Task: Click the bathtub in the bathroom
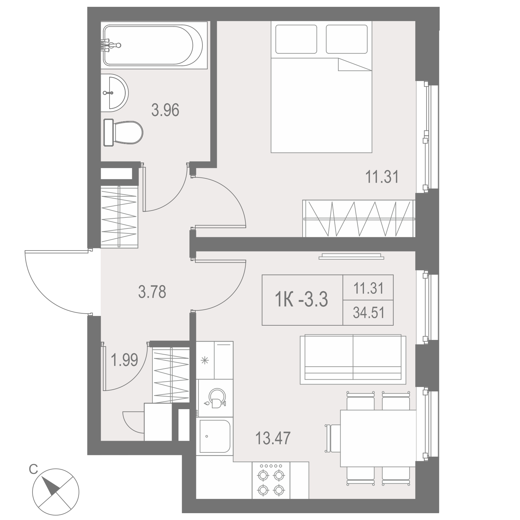tap(154, 45)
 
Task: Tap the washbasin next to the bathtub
tap(114, 93)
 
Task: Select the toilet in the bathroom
tap(123, 133)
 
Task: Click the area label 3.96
tap(165, 110)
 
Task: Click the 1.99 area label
tap(124, 360)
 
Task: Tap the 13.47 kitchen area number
tap(273, 438)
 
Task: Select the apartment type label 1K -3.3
tap(302, 299)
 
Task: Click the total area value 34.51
tap(369, 313)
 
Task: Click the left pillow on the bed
tap(296, 39)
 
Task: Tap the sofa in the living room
tap(353, 359)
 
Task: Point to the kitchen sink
tap(215, 436)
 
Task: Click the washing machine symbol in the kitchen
tap(215, 398)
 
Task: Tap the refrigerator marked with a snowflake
tap(215, 360)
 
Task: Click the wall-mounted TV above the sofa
tap(351, 256)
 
